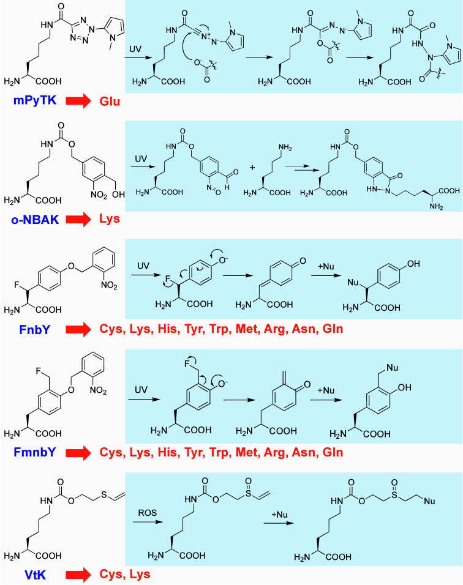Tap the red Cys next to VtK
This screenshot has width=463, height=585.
(111, 574)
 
